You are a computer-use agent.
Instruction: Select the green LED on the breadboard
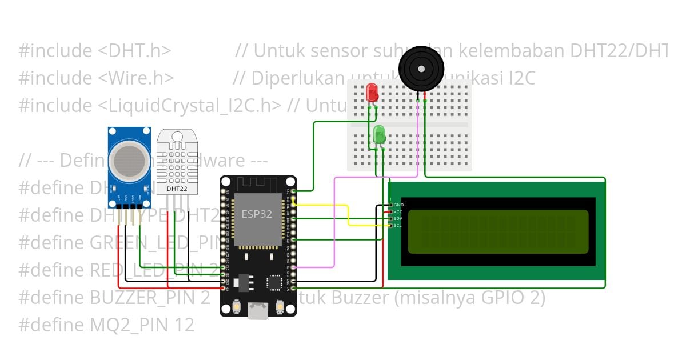click(x=379, y=135)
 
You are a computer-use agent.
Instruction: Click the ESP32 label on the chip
click(x=257, y=214)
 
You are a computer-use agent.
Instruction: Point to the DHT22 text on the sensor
click(x=177, y=188)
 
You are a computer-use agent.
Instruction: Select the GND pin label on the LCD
click(x=398, y=205)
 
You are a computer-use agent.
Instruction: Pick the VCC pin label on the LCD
click(x=398, y=211)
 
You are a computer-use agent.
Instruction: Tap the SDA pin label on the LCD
click(x=398, y=218)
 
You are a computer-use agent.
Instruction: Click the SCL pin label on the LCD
click(x=398, y=225)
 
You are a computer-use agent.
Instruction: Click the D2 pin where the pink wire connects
click(x=293, y=267)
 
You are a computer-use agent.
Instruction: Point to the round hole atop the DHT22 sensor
click(x=177, y=137)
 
